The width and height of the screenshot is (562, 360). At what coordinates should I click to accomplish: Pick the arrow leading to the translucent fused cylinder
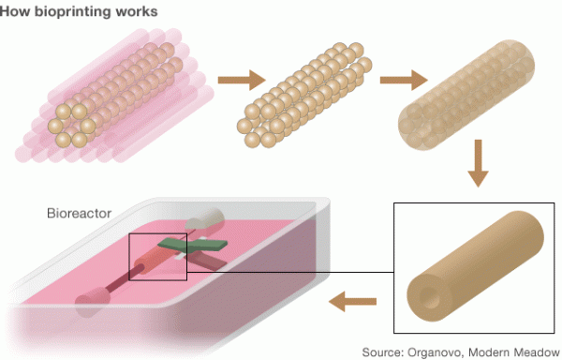coord(397,82)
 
